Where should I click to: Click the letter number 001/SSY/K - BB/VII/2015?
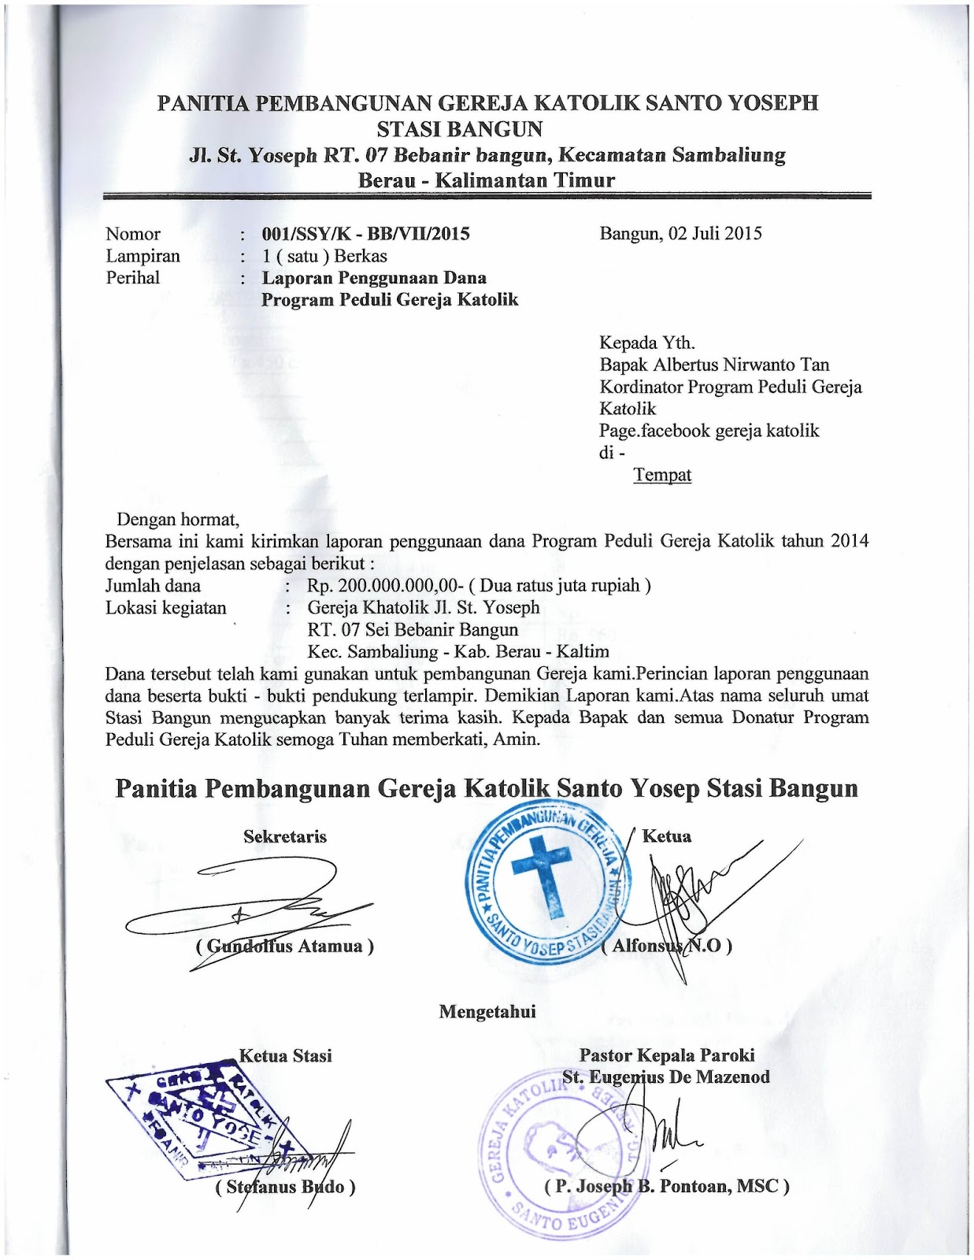click(x=365, y=234)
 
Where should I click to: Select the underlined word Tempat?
click(x=662, y=475)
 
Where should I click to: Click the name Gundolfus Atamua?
click(x=284, y=946)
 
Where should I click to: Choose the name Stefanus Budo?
click(x=285, y=1187)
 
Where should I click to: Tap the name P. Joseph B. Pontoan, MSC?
click(x=666, y=1186)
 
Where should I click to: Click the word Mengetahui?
click(x=487, y=1012)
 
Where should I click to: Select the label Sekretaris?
click(x=284, y=837)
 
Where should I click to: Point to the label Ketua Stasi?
click(x=285, y=1056)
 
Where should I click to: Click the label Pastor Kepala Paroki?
click(x=666, y=1055)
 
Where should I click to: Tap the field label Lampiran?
click(x=143, y=256)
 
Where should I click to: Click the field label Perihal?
click(x=132, y=277)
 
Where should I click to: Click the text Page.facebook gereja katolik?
click(x=709, y=431)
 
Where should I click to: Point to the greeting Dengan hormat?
click(x=177, y=520)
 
